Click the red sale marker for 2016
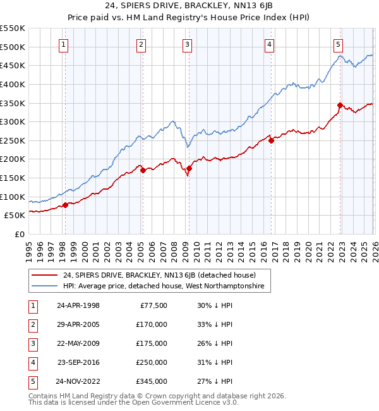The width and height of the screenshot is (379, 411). [x=271, y=141]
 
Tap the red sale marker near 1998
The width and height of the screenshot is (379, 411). [x=65, y=205]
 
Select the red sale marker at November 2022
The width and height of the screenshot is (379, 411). [x=340, y=105]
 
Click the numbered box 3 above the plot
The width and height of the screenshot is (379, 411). [x=188, y=44]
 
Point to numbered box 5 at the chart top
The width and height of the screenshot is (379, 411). [x=339, y=44]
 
